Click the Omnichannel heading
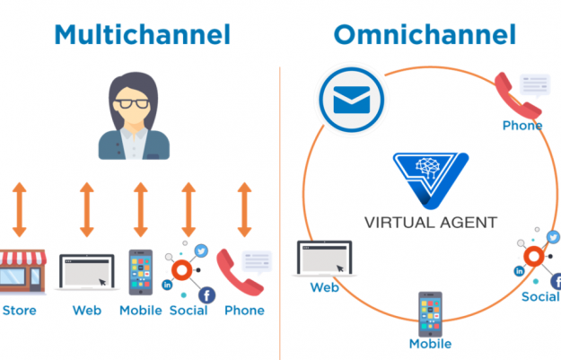coord(425,35)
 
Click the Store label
coord(20,311)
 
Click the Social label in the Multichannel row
coord(188,311)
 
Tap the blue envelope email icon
coord(346,101)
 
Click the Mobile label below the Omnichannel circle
coord(430,344)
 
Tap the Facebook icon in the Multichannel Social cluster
coord(206,294)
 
